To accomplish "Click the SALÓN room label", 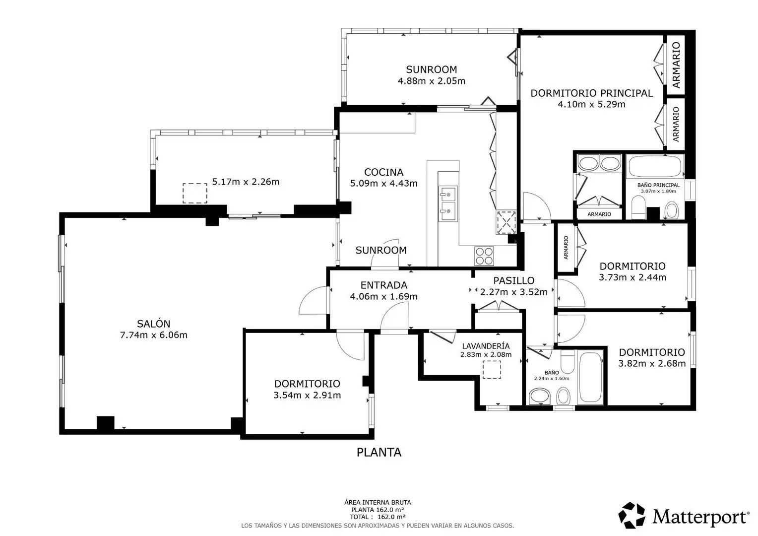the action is pos(154,324).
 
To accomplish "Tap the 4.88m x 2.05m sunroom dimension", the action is pos(432,81).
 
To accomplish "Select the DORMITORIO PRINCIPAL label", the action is pos(591,93).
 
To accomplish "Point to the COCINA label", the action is pos(384,172).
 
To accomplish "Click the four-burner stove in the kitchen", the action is pos(484,256).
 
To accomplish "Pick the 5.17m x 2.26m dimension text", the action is pos(246,182).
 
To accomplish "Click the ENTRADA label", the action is pos(384,285).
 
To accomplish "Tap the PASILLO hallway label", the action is pos(513,281).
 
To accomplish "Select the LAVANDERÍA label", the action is pos(486,346).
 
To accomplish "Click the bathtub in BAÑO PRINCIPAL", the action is pos(655,167).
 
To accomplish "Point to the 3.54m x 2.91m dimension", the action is pos(307,395).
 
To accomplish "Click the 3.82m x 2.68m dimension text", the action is pos(652,363).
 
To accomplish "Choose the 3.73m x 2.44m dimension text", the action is pos(632,277).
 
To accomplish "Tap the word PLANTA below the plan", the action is pos(379,452).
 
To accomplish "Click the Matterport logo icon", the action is pos(632,515).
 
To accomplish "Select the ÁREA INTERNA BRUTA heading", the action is pos(378,502).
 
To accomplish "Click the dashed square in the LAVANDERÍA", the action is pos(492,369).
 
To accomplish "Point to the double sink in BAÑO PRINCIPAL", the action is pos(599,163).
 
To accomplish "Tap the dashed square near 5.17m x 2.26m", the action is pos(195,194).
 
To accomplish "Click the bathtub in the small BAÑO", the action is pos(590,377).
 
